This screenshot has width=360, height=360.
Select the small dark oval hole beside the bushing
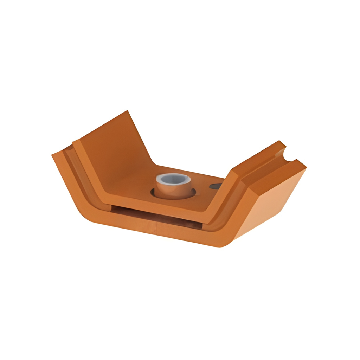pyautogui.click(x=216, y=186)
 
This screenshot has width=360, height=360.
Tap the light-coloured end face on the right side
pyautogui.click(x=271, y=204)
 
